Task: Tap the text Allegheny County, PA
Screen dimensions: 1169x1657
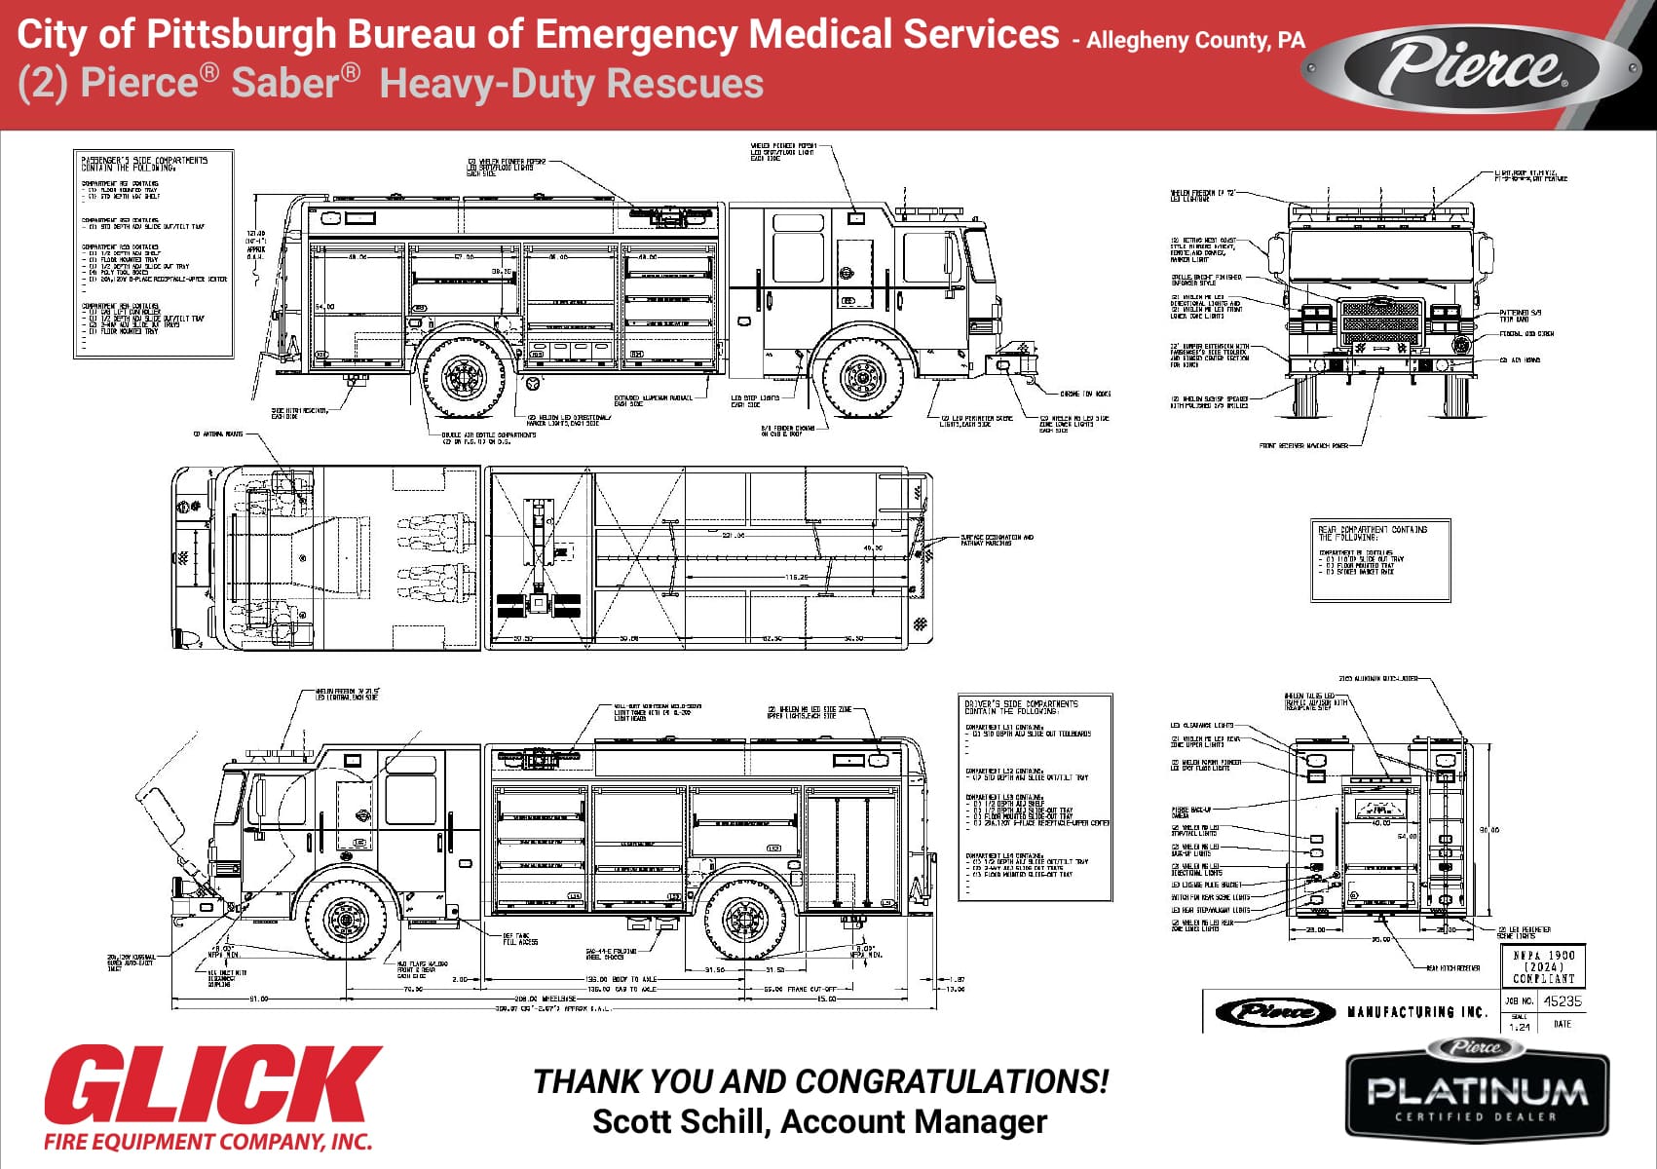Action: pos(1194,41)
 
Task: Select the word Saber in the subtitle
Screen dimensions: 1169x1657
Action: pos(294,82)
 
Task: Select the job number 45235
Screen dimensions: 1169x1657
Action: pos(1563,1000)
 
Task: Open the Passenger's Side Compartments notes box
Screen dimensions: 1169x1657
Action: pos(154,253)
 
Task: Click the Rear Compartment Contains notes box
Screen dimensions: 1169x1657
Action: pos(1380,560)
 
